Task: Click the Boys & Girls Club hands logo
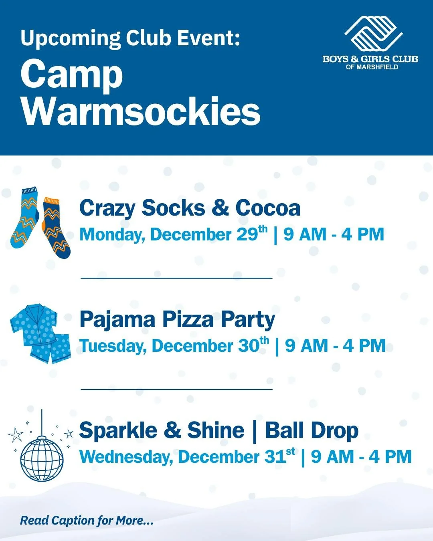(x=373, y=34)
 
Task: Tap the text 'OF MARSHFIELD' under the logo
(x=372, y=67)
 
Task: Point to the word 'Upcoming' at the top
(x=71, y=39)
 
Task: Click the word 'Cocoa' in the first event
(x=267, y=208)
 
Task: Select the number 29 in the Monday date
(x=247, y=234)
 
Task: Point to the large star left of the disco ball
(x=16, y=434)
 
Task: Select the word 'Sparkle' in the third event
(x=118, y=431)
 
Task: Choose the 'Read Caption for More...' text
(x=87, y=521)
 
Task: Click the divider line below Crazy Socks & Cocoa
(x=176, y=278)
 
